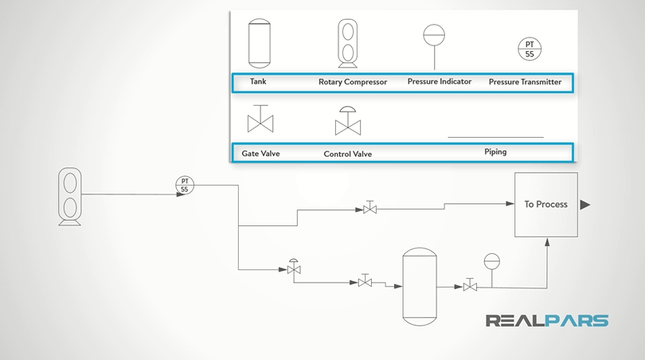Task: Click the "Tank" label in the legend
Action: click(258, 81)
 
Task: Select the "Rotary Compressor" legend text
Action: click(353, 82)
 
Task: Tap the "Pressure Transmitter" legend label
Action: click(525, 82)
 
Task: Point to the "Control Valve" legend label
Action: click(348, 154)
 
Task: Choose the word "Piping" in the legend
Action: click(495, 151)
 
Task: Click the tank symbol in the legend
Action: click(260, 44)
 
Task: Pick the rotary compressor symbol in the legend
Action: click(348, 41)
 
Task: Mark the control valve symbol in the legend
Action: click(348, 120)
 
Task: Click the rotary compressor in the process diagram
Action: click(70, 196)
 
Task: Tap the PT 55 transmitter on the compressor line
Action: click(185, 186)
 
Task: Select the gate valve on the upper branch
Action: click(369, 209)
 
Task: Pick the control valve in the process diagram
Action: click(294, 268)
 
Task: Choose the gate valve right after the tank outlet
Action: click(471, 284)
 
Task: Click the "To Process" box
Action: click(545, 204)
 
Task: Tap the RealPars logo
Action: click(547, 321)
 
